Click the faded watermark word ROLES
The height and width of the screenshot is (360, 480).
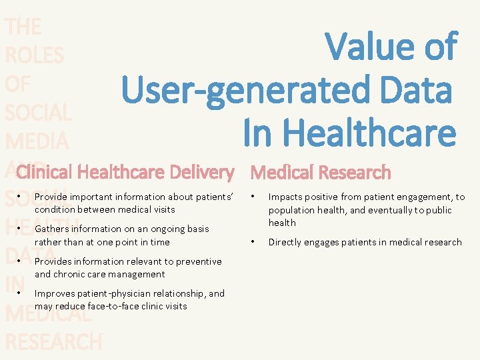coord(34,55)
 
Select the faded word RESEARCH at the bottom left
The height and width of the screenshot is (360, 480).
coord(53,341)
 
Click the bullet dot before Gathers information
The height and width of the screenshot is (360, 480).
coord(21,229)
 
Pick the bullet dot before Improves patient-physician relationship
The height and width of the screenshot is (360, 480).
coord(21,293)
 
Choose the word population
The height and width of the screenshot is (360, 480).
coord(293,210)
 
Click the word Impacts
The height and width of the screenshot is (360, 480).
coord(287,197)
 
